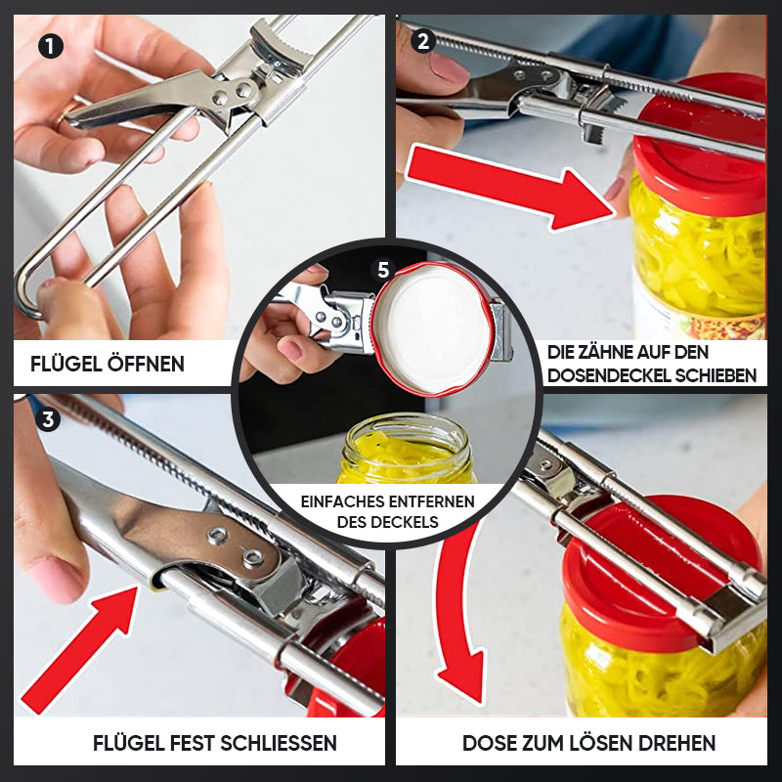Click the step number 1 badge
click(51, 47)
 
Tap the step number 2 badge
click(423, 41)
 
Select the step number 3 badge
click(48, 419)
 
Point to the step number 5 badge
click(383, 270)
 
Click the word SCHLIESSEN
click(279, 743)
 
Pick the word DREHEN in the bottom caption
click(673, 743)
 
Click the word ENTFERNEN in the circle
click(431, 501)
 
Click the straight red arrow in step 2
click(509, 187)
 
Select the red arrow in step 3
click(80, 650)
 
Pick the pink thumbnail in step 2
click(449, 66)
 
